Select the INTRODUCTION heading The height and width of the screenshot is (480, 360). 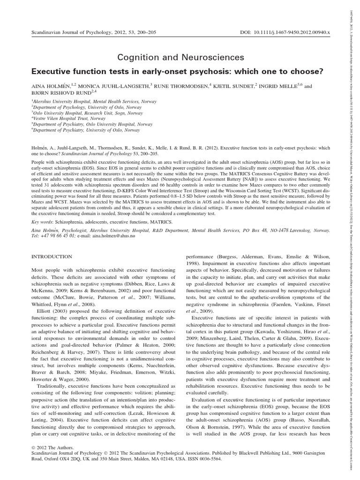point(52,257)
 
